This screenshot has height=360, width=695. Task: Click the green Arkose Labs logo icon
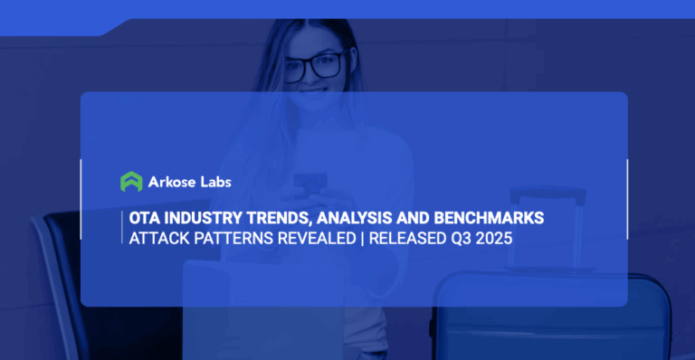(x=132, y=182)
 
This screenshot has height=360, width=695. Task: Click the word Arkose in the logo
(x=172, y=182)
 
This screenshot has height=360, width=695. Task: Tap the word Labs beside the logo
(x=215, y=182)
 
